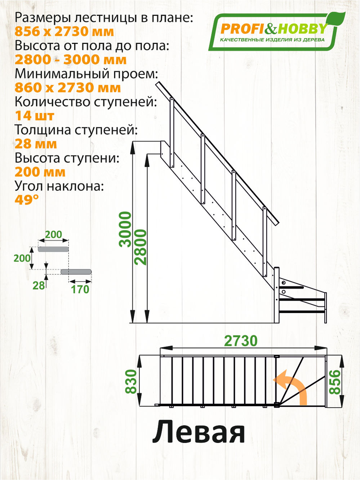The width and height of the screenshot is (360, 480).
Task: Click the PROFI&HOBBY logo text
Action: click(274, 29)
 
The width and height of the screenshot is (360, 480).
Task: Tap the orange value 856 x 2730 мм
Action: click(64, 32)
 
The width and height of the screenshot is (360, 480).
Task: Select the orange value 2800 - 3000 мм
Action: click(71, 60)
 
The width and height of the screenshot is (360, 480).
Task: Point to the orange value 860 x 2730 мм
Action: click(68, 88)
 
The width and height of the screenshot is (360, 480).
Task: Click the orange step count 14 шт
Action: click(35, 116)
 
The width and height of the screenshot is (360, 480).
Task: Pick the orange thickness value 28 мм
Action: click(36, 144)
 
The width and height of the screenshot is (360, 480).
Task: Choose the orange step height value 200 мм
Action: click(40, 172)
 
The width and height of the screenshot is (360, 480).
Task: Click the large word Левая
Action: click(199, 432)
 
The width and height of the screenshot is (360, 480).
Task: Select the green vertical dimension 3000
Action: click(125, 229)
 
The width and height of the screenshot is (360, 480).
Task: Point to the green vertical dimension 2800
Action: click(141, 247)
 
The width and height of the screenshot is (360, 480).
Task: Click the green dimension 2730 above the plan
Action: click(241, 341)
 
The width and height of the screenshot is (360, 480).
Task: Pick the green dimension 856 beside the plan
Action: click(335, 382)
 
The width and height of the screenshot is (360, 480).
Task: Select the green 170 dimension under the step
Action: click(80, 289)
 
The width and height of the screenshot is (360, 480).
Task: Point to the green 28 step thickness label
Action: click(39, 286)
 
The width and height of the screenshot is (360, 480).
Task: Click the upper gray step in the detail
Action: click(53, 249)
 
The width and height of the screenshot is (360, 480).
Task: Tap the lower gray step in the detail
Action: click(76, 272)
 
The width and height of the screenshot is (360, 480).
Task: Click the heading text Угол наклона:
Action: click(59, 186)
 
